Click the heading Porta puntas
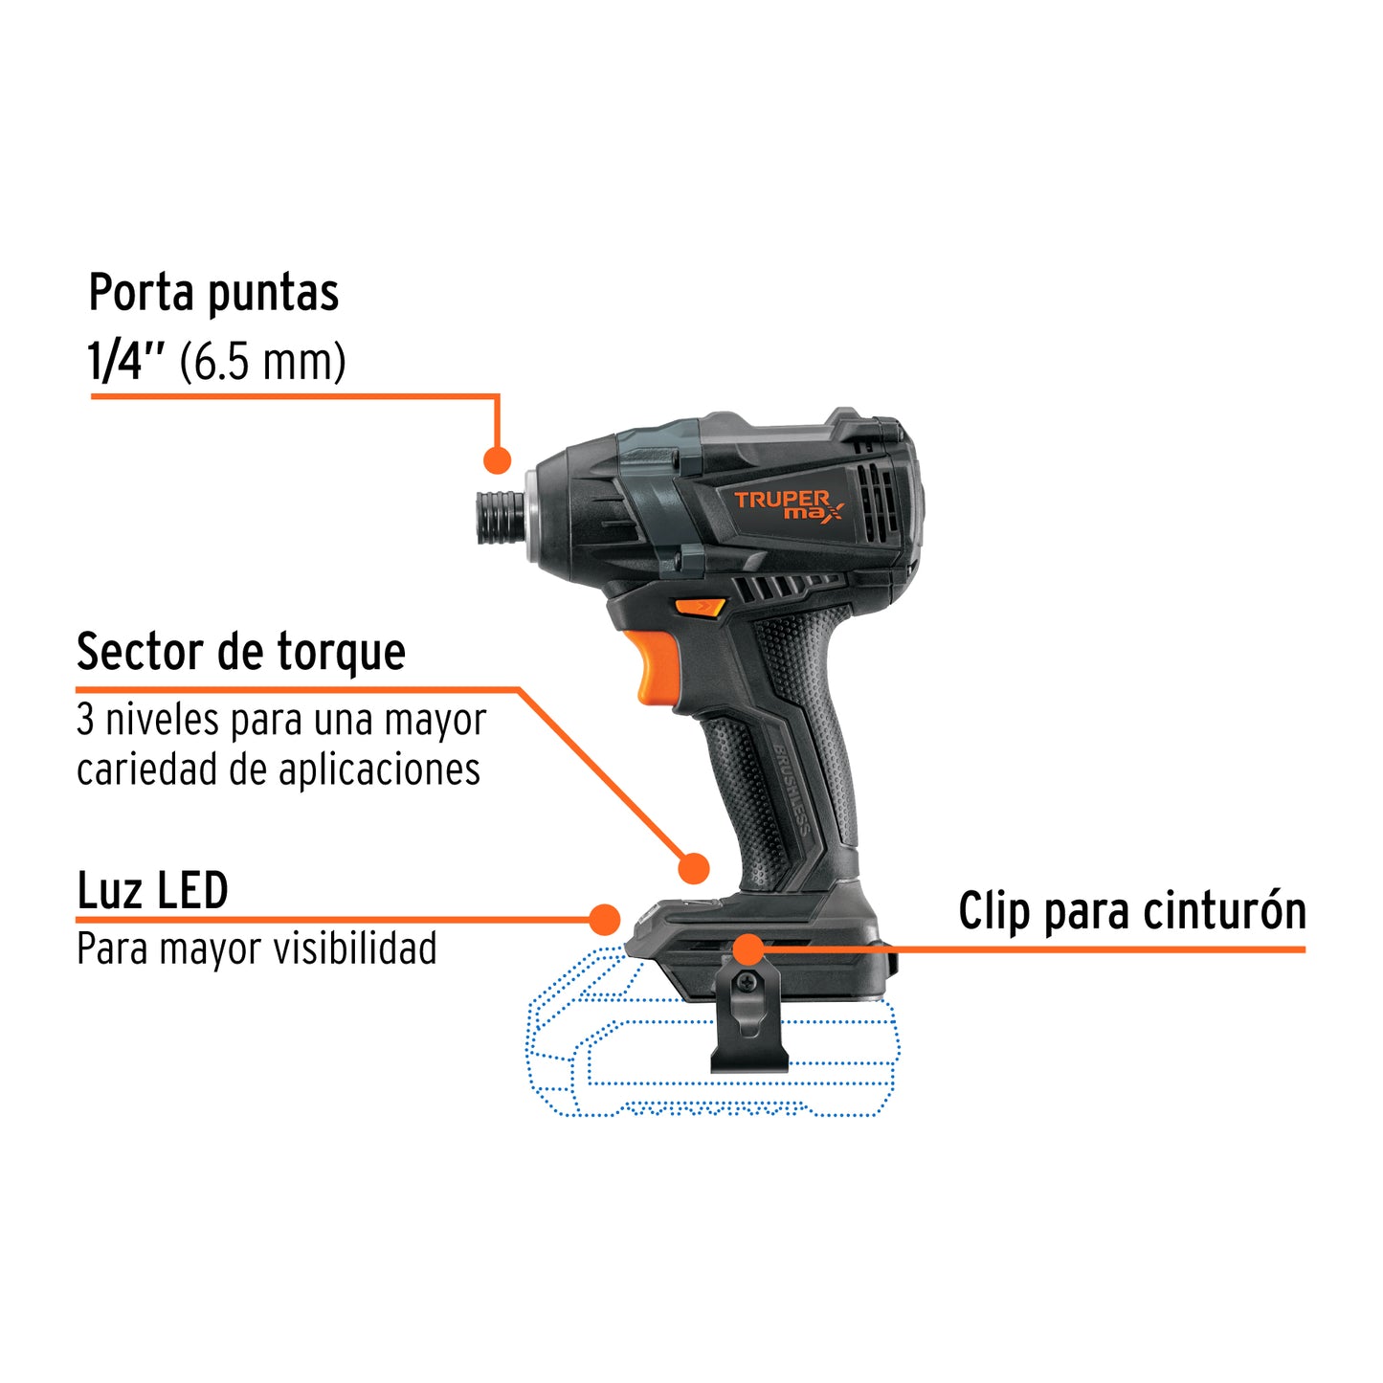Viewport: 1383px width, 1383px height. pos(213,293)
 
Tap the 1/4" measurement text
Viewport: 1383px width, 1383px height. pos(126,363)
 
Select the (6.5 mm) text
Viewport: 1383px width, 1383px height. pos(263,363)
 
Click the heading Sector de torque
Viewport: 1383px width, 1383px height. pos(241,653)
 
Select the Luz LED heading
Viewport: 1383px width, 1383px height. pos(152,891)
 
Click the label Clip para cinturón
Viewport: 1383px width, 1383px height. pos(1132,910)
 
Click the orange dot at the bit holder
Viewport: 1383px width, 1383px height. pos(497,459)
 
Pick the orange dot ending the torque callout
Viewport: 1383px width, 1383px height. pos(693,868)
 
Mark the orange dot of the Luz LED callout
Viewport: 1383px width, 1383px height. pos(604,920)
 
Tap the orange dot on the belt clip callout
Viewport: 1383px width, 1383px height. pos(748,949)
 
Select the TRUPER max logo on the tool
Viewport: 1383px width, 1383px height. pos(788,504)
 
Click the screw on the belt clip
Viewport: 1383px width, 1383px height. pos(747,981)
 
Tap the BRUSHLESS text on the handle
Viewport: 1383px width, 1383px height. pos(793,790)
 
